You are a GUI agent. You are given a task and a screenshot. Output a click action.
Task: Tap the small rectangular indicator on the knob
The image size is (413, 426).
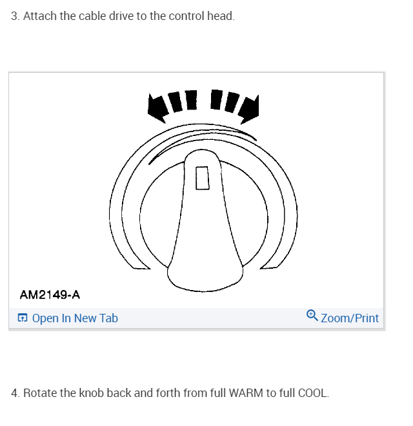point(203,178)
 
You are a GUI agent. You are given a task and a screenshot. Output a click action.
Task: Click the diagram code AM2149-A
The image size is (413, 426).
point(50,295)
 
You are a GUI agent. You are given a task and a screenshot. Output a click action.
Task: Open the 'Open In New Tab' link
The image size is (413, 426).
point(75,318)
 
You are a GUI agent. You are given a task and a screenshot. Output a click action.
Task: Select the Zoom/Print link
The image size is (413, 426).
point(350,318)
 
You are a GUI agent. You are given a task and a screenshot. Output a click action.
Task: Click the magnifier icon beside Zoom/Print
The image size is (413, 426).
point(312,316)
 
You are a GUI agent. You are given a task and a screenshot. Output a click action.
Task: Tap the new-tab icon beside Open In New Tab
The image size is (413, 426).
point(23,318)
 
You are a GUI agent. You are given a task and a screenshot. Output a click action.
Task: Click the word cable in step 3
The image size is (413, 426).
point(93,16)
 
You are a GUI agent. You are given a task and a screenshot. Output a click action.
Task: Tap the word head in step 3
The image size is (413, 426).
point(220,16)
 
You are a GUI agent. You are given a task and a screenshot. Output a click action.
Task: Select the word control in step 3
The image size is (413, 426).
point(186,16)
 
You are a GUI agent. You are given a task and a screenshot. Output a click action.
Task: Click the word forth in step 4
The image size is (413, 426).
point(169,392)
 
